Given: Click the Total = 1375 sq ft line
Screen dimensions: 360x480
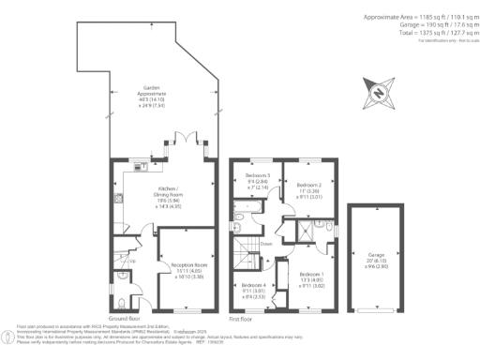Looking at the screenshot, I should point(423,33).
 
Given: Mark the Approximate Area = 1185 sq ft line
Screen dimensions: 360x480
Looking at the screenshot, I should point(413,18).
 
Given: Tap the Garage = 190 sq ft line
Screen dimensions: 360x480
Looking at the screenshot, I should point(421,25).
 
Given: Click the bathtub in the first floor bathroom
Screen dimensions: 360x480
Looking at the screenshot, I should point(239,226).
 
